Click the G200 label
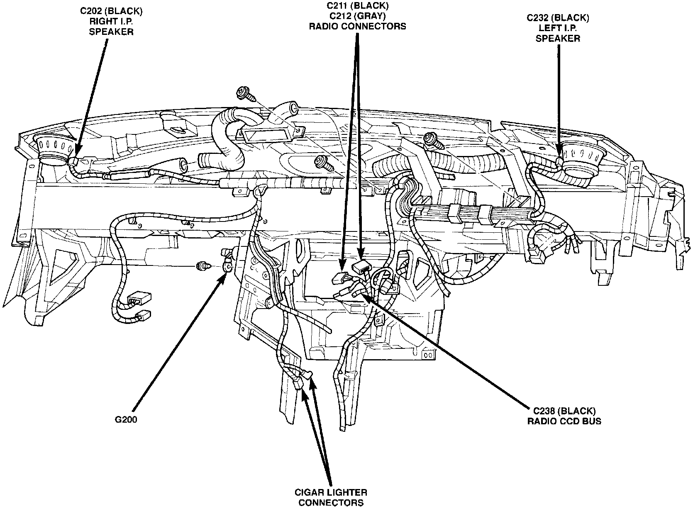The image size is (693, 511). (x=126, y=419)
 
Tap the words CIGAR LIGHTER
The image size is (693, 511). (x=331, y=493)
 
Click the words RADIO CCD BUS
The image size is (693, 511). (x=564, y=421)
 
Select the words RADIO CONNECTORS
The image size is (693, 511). (x=357, y=26)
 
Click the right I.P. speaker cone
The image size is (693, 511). (x=55, y=150)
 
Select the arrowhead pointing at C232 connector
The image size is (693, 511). (x=559, y=155)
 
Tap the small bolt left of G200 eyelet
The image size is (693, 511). (x=203, y=266)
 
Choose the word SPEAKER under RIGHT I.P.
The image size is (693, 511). (x=111, y=32)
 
